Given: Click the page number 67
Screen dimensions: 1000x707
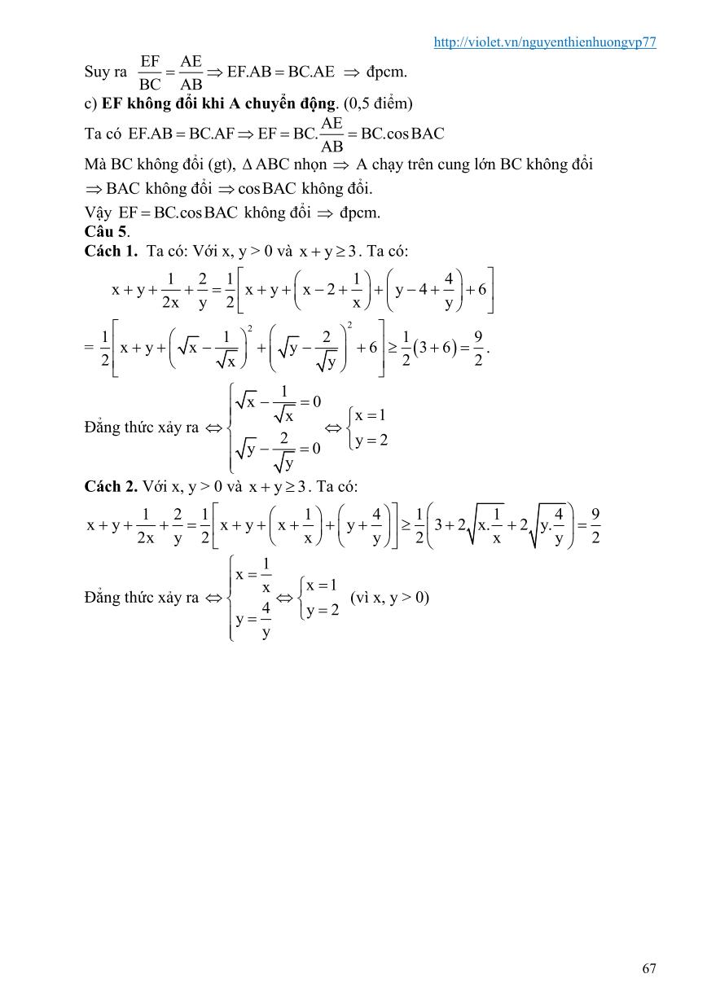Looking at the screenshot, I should point(648,968).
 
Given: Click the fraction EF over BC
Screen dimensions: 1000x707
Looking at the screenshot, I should point(150,72).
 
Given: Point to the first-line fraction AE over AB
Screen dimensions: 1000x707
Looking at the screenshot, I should point(191,72).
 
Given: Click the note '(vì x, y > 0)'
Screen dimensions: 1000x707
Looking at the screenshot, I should point(389,597).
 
